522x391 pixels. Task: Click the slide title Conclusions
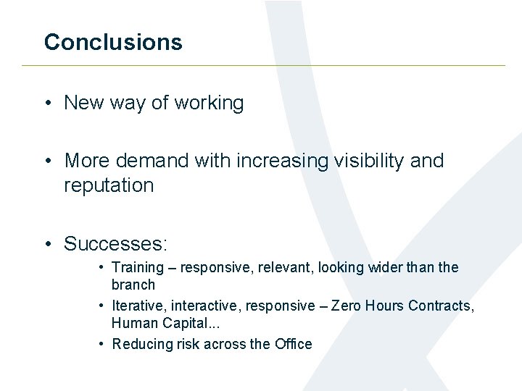(x=113, y=42)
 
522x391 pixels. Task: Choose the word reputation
(x=109, y=185)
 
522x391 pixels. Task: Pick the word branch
(x=133, y=285)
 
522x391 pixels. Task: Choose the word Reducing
(x=140, y=345)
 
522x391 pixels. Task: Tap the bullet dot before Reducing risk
(x=103, y=345)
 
